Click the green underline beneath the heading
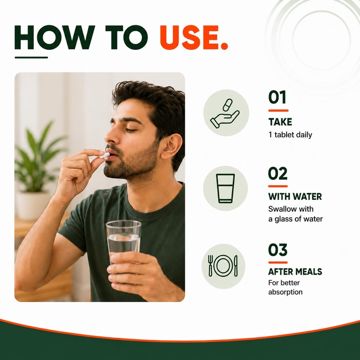(x=31, y=57)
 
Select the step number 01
(x=277, y=97)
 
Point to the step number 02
(x=278, y=173)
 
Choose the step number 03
(x=278, y=250)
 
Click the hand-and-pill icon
(x=225, y=113)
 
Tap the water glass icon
(x=225, y=188)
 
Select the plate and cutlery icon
(x=223, y=266)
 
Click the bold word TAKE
(x=280, y=122)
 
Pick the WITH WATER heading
(x=295, y=197)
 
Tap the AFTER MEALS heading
(x=295, y=272)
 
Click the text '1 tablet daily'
(x=290, y=135)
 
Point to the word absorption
(x=285, y=292)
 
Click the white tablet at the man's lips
(x=104, y=155)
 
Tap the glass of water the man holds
(x=123, y=243)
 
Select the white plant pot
(x=32, y=205)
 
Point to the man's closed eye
(x=131, y=130)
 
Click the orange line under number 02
(x=278, y=186)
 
